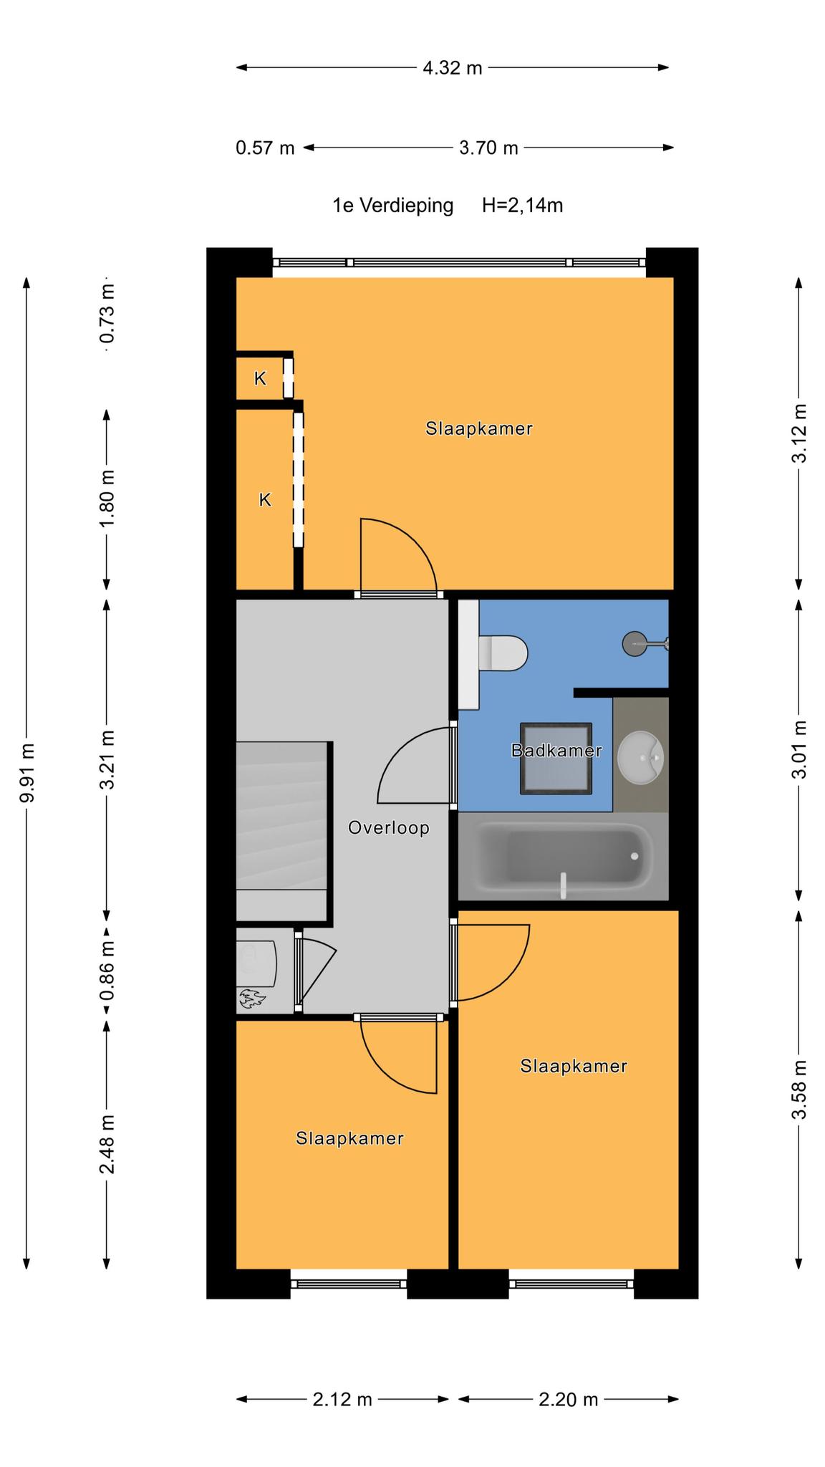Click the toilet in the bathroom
(x=503, y=653)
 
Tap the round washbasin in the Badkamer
(x=641, y=757)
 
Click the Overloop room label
(x=389, y=828)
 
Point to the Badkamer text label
(x=556, y=751)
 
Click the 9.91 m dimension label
(x=26, y=773)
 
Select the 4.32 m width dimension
(x=453, y=68)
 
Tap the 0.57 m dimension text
(x=265, y=148)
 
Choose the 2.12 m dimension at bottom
(x=342, y=1399)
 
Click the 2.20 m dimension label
(x=568, y=1399)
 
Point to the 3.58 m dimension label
(x=800, y=1090)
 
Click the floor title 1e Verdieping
(x=393, y=206)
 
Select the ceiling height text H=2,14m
(x=523, y=206)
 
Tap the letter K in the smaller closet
(x=260, y=378)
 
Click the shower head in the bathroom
(x=635, y=643)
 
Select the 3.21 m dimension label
(x=107, y=760)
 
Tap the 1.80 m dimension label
(x=107, y=499)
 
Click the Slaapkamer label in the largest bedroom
(x=479, y=428)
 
